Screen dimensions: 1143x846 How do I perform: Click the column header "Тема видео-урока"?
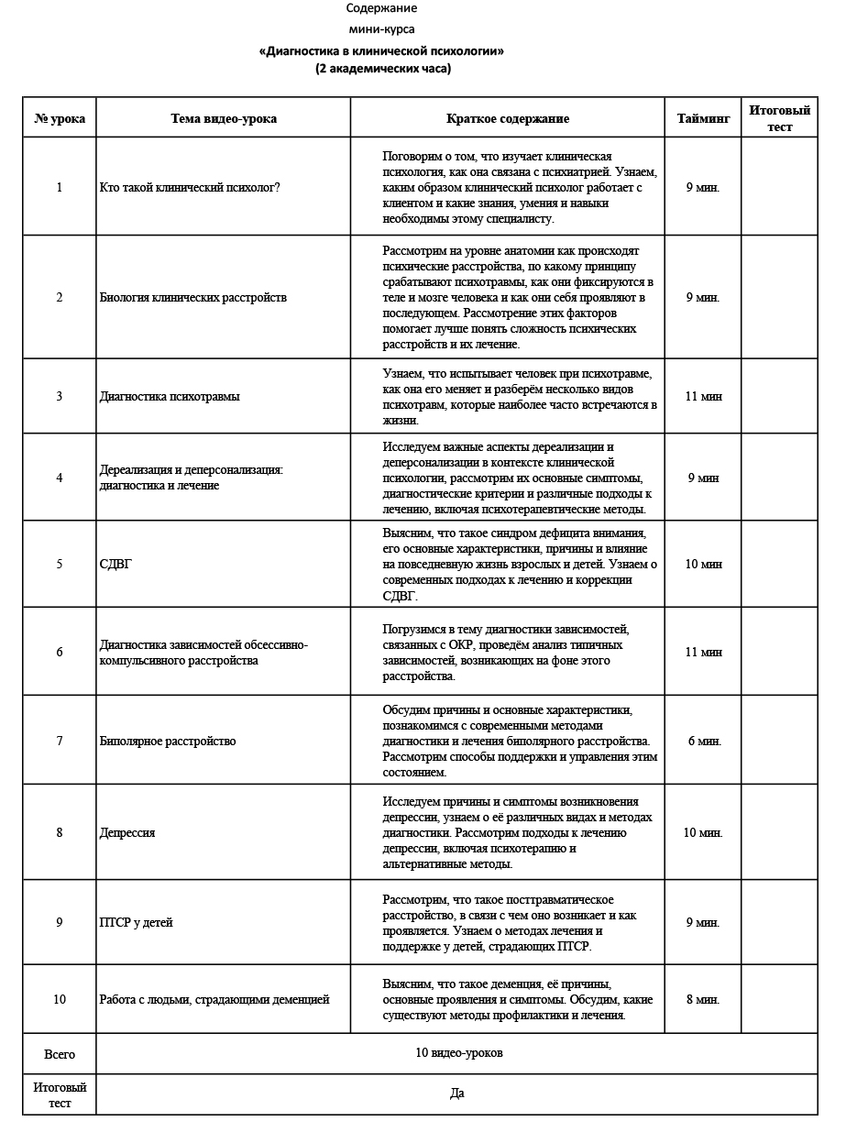pyautogui.click(x=223, y=118)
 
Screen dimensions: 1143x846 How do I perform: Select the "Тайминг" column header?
pyautogui.click(x=703, y=118)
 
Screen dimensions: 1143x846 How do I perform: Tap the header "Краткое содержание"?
pyautogui.click(x=507, y=118)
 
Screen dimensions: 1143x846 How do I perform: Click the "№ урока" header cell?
pyautogui.click(x=60, y=118)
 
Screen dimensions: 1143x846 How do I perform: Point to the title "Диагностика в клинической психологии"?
pyautogui.click(x=382, y=51)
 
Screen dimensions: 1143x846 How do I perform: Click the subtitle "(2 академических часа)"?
pyautogui.click(x=382, y=68)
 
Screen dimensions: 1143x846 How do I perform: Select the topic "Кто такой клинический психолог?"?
pyautogui.click(x=190, y=187)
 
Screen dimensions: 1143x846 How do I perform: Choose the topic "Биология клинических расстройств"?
pyautogui.click(x=192, y=297)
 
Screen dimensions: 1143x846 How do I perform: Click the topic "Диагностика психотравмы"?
pyautogui.click(x=170, y=396)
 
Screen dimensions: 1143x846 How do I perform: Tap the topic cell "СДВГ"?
pyautogui.click(x=115, y=564)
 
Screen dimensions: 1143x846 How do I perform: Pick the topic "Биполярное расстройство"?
pyautogui.click(x=168, y=741)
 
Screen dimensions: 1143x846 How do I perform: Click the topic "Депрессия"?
pyautogui.click(x=127, y=832)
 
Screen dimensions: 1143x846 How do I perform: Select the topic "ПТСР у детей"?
pyautogui.click(x=136, y=922)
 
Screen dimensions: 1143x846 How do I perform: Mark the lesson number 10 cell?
pyautogui.click(x=60, y=999)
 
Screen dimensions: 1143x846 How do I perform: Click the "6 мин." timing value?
pyautogui.click(x=704, y=741)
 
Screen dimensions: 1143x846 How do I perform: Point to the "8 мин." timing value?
pyautogui.click(x=703, y=999)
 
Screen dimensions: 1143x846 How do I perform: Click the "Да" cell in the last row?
pyautogui.click(x=457, y=1094)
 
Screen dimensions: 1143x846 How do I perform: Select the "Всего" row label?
pyautogui.click(x=60, y=1054)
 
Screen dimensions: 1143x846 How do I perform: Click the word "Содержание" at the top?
pyautogui.click(x=381, y=8)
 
